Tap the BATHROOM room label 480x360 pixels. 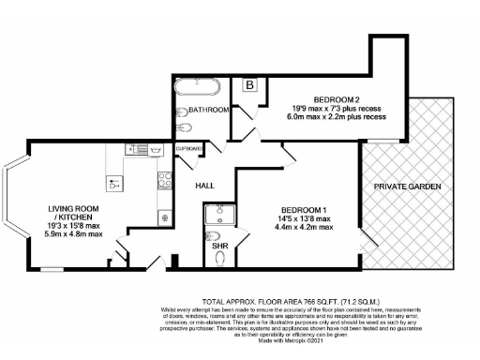209,111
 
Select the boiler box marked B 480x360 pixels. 250,85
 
